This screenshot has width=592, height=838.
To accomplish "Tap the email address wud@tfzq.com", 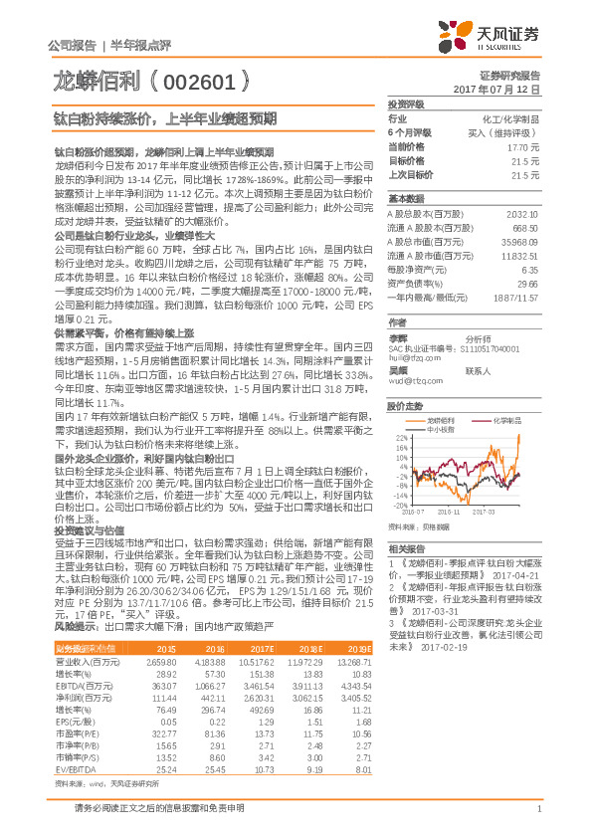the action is coord(414,351).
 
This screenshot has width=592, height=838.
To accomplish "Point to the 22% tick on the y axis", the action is coord(400,437).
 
